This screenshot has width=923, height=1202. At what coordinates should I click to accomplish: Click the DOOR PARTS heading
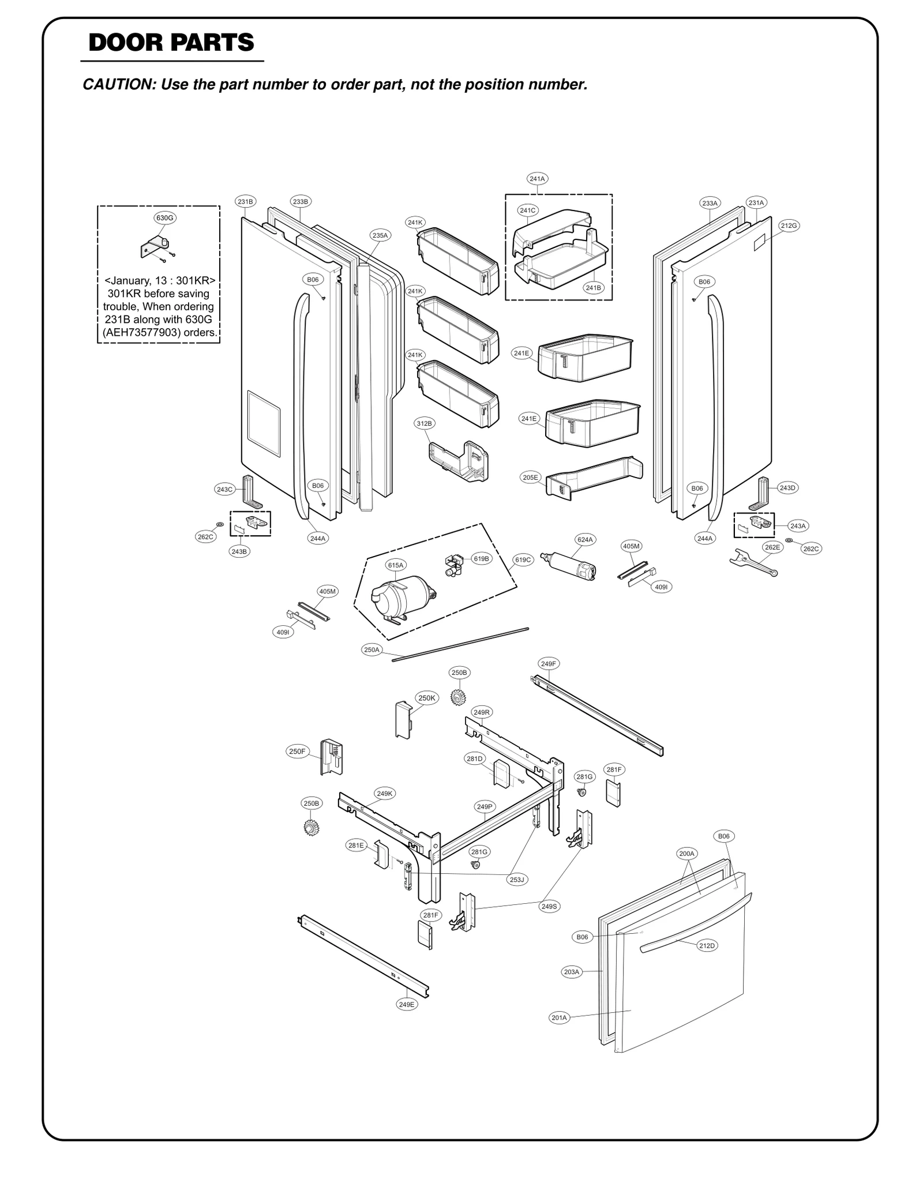[x=171, y=43]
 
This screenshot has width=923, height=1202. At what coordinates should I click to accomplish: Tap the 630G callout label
[x=165, y=218]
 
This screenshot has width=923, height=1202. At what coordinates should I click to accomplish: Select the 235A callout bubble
[x=380, y=235]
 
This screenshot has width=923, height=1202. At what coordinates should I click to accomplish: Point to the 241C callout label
[x=527, y=211]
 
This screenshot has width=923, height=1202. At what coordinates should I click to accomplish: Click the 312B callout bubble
[x=425, y=423]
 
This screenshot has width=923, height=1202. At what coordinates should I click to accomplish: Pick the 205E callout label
[x=530, y=478]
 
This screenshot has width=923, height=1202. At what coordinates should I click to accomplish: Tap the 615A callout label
[x=396, y=565]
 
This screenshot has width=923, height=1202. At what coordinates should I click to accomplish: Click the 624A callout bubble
[x=585, y=540]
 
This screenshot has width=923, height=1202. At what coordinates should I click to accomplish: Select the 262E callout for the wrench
[x=772, y=547]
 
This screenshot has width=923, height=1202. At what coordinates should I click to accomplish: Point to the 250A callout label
[x=372, y=650]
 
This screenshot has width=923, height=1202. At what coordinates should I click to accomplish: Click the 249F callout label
[x=548, y=664]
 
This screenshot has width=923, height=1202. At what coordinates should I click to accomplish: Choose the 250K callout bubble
[x=427, y=698]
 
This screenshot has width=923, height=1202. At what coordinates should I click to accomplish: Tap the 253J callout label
[x=517, y=880]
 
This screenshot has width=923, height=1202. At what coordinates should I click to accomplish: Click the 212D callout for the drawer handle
[x=707, y=946]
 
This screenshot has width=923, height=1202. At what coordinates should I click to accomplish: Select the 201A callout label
[x=559, y=1018]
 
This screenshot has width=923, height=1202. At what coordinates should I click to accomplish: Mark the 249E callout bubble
[x=407, y=1004]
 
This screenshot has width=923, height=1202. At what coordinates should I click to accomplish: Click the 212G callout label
[x=789, y=226]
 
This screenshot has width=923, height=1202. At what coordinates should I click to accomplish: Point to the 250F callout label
[x=297, y=752]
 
